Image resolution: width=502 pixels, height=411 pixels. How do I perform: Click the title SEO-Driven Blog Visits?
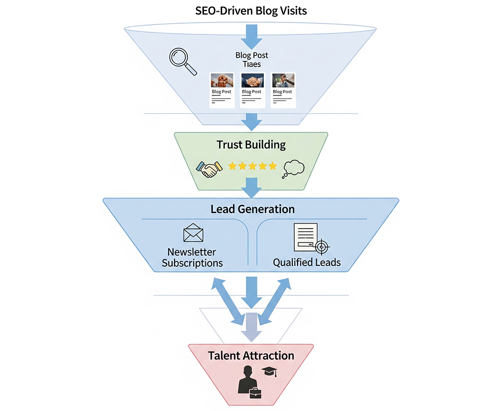point(251,10)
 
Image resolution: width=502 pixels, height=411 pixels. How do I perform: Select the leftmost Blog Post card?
point(221,90)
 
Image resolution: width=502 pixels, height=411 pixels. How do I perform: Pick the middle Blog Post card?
point(251,90)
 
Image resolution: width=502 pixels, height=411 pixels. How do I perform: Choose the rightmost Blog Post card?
point(283,90)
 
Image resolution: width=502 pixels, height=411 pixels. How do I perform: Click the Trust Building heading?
point(251,145)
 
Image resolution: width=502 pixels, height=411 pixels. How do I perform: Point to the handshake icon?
point(209,168)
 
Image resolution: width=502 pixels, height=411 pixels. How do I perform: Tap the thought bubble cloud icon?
point(294,169)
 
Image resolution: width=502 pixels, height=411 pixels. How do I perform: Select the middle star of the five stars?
point(252,166)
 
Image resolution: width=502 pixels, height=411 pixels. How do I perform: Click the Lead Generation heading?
point(252,209)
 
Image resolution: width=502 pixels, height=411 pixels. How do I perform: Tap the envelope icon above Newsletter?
point(193,233)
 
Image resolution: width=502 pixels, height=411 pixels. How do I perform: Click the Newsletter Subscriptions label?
point(192,257)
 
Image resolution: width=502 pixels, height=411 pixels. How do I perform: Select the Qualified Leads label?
point(307,262)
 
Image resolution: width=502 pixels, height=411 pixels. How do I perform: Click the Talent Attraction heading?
point(251,356)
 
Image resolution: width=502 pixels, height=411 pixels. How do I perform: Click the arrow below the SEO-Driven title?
point(251,35)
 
